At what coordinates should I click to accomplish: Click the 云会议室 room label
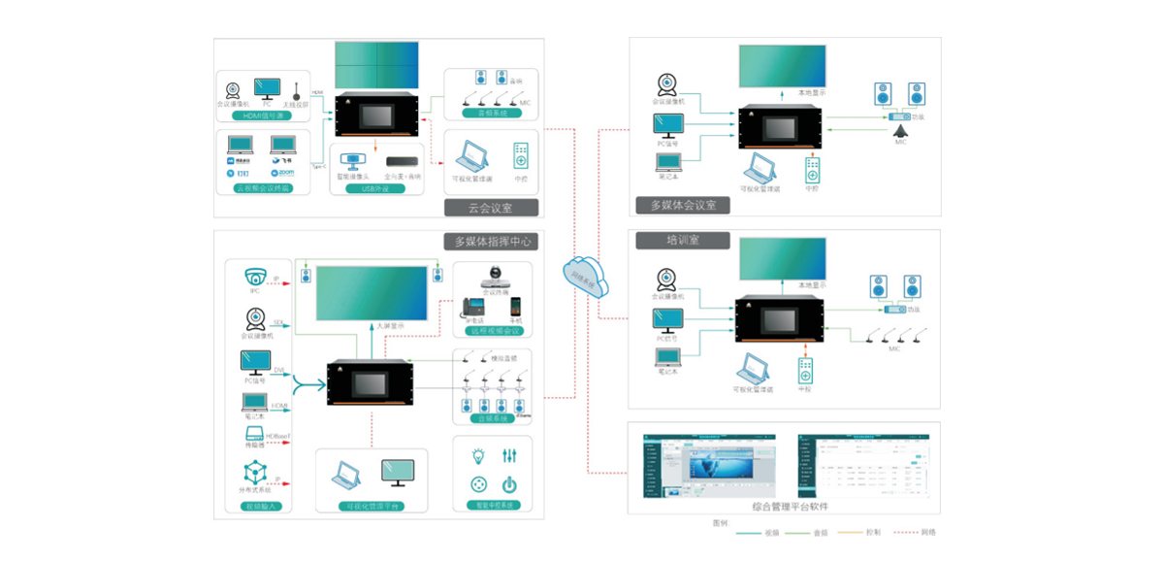pyautogui.click(x=489, y=208)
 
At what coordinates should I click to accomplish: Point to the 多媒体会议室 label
pyautogui.click(x=682, y=205)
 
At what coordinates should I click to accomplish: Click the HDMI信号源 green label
pyautogui.click(x=265, y=115)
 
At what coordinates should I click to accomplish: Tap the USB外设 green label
pyautogui.click(x=380, y=188)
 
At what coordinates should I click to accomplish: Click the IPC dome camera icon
pyautogui.click(x=256, y=275)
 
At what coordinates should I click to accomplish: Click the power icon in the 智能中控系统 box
pyautogui.click(x=509, y=484)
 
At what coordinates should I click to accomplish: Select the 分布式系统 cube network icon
pyautogui.click(x=255, y=475)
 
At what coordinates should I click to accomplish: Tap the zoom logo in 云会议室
pyautogui.click(x=283, y=173)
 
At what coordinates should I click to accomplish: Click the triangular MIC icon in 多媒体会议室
pyautogui.click(x=902, y=132)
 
